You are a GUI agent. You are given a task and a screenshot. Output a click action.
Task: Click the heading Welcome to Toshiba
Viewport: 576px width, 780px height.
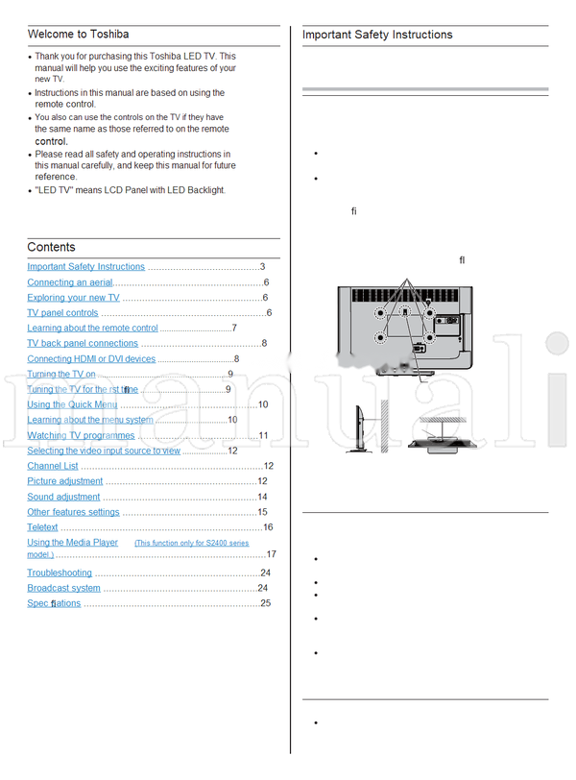(79, 35)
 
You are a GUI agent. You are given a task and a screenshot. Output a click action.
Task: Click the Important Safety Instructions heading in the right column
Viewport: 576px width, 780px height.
(377, 35)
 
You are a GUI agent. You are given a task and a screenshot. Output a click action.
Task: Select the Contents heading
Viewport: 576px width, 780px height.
(51, 247)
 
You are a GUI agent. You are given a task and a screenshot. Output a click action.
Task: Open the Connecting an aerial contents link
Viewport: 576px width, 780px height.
(69, 282)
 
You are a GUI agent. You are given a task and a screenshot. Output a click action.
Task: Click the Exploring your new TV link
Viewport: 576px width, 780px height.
(73, 298)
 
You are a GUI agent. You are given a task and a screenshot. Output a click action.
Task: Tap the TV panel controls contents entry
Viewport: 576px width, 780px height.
(62, 313)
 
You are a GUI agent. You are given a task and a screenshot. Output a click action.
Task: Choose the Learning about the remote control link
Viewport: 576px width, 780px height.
(92, 329)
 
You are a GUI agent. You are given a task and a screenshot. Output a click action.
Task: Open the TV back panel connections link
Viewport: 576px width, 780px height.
(83, 343)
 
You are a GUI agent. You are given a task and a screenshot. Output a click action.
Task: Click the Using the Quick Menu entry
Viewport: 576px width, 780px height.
(72, 404)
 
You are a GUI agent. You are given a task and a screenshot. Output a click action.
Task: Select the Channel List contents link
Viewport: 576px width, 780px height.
(53, 466)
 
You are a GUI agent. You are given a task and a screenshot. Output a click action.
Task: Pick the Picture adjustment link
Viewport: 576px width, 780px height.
(64, 481)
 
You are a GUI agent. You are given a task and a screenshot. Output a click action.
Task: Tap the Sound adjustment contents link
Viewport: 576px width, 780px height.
(63, 497)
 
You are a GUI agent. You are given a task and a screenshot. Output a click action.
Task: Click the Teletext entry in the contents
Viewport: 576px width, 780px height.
(42, 527)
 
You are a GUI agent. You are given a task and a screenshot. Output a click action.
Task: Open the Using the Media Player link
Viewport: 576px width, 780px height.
(73, 543)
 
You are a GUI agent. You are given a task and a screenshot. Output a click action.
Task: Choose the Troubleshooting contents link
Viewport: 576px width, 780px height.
(60, 573)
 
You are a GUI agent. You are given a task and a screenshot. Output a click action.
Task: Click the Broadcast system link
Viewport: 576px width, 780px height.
(63, 588)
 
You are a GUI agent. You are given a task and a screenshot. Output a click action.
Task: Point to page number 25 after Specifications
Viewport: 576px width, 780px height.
(265, 603)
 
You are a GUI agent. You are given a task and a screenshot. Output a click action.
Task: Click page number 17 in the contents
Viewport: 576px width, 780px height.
(271, 554)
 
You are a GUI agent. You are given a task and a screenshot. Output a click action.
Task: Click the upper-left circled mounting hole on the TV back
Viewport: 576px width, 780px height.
(381, 313)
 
